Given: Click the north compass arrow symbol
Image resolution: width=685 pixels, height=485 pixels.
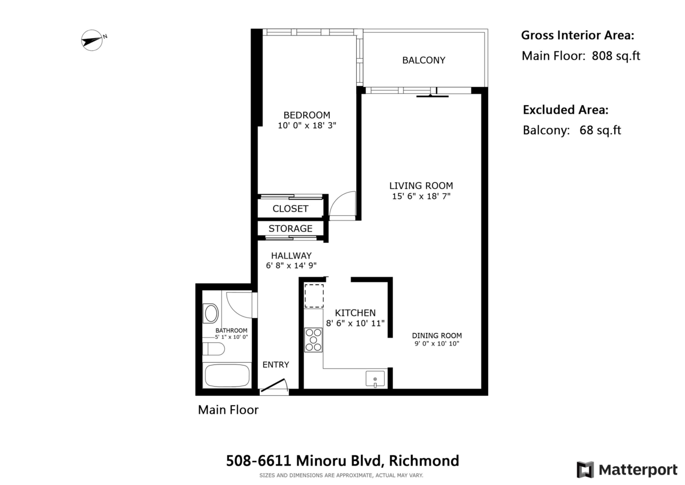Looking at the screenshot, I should click(x=92, y=41).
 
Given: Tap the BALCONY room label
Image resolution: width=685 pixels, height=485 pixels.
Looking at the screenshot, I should click(x=423, y=60).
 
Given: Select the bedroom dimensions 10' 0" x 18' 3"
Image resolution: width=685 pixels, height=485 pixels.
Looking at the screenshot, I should click(x=307, y=126).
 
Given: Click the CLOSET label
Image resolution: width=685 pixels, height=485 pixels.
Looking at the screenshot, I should click(x=290, y=209).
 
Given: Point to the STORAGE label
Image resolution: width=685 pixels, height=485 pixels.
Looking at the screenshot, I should click(x=291, y=229).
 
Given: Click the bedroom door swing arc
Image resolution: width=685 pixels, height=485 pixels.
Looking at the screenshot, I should click(x=343, y=205).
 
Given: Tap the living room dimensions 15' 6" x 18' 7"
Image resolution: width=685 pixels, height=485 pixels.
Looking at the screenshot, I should click(x=421, y=197).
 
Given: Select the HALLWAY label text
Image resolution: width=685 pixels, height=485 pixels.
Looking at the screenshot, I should click(x=291, y=255).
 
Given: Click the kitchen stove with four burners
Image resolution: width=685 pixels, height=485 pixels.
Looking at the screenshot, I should click(x=313, y=339).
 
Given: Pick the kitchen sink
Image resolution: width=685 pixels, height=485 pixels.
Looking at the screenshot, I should click(x=375, y=378).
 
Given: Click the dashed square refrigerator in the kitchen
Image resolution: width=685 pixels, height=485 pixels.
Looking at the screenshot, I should click(x=313, y=295).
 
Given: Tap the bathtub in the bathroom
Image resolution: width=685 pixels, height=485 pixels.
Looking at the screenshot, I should click(x=227, y=375).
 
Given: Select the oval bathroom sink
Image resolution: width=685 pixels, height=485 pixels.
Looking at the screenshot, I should click(x=211, y=314).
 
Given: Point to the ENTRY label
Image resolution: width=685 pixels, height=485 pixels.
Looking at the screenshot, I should click(x=276, y=364).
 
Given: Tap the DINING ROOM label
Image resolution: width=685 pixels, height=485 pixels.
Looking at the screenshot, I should click(x=437, y=335).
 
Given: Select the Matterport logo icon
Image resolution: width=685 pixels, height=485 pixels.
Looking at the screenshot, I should click(x=585, y=470).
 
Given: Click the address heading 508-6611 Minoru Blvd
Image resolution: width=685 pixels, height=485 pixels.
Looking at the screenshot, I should click(x=342, y=460).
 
